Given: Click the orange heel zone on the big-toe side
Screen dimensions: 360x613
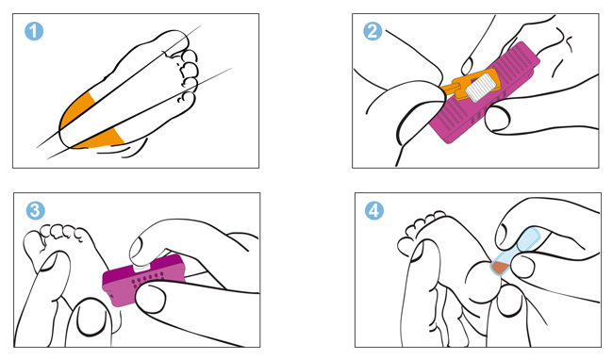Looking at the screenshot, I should click(76, 110).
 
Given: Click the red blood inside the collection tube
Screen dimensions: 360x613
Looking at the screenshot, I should click(500, 268).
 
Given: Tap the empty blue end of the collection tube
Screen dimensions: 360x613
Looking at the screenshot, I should click(529, 236).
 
